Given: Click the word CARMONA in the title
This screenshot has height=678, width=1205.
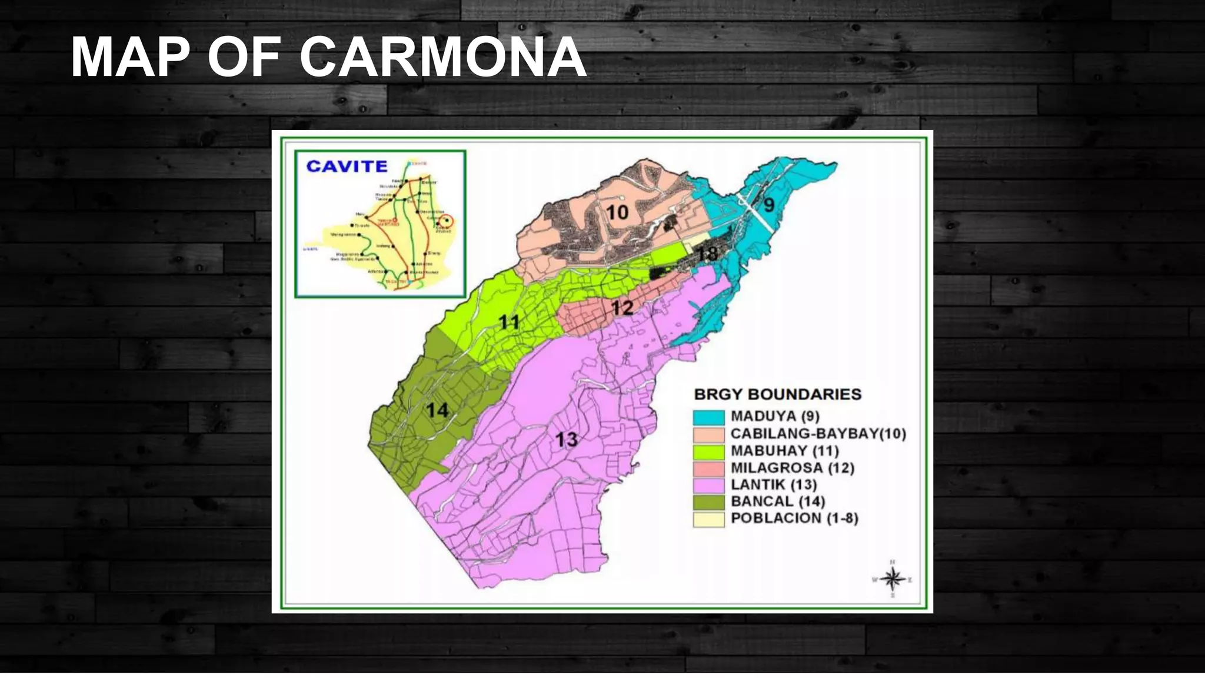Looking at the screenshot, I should click(x=443, y=58).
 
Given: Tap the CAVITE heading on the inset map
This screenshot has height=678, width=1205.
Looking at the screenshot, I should click(x=347, y=166).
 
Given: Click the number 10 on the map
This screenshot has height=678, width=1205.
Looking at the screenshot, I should click(x=617, y=212).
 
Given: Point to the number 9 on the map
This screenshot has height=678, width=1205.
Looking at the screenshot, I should click(x=769, y=205).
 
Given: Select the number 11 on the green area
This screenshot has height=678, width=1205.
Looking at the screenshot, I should click(x=510, y=322).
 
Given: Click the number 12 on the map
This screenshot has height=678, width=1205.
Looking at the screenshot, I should click(x=622, y=308).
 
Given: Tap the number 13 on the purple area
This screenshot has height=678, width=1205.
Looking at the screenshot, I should click(x=567, y=439).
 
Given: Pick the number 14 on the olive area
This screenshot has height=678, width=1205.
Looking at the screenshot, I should click(x=437, y=410).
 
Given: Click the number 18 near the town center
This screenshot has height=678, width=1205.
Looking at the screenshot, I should click(x=707, y=254).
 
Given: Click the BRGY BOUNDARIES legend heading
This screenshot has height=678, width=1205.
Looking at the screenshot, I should click(x=777, y=394).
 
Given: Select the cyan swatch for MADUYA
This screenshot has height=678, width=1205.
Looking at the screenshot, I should click(x=708, y=417).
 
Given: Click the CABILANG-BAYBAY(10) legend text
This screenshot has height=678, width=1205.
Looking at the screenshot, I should click(x=818, y=434).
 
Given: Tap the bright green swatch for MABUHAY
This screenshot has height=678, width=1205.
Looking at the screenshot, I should click(x=708, y=451).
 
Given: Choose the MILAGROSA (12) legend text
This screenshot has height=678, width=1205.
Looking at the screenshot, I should click(x=792, y=468).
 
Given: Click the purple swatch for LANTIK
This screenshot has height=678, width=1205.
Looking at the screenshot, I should click(x=708, y=486).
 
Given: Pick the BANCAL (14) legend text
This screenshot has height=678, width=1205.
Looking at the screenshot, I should click(x=777, y=501).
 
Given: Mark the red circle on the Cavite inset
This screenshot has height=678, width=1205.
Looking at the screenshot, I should click(x=448, y=222).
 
